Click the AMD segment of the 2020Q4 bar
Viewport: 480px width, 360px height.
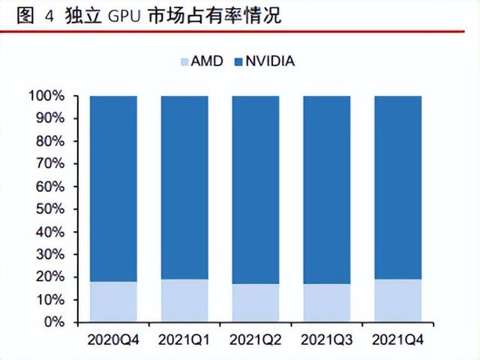pos(112,301)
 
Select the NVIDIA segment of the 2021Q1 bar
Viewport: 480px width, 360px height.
pos(184,187)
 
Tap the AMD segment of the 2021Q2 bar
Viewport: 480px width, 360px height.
pos(255,302)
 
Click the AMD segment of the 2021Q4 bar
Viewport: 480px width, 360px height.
pos(397,301)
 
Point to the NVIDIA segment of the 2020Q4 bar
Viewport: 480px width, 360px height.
pos(112,187)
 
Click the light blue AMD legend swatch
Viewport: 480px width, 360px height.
pos(184,61)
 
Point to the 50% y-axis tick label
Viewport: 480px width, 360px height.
pos(48,209)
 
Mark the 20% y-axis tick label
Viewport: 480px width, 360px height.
pos(48,277)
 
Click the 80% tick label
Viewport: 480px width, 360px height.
pos(48,141)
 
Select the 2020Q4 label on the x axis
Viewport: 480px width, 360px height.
pos(112,340)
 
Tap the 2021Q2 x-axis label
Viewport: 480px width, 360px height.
pos(255,340)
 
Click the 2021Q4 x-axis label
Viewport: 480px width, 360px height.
pos(397,340)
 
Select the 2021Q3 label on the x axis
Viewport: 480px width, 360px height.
pos(326,340)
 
